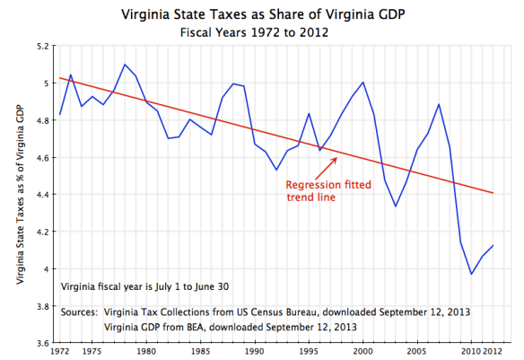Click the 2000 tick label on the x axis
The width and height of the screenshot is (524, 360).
(x=362, y=351)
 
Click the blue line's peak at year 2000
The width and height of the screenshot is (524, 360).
(x=362, y=83)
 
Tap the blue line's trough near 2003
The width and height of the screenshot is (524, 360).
(x=395, y=206)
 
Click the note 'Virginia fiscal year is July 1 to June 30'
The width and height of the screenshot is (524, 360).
(x=144, y=287)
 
